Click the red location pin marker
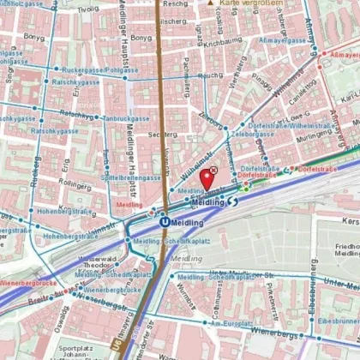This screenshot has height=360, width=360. [207, 178]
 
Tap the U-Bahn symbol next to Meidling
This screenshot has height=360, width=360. [163, 219]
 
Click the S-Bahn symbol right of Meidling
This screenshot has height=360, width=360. [234, 201]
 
